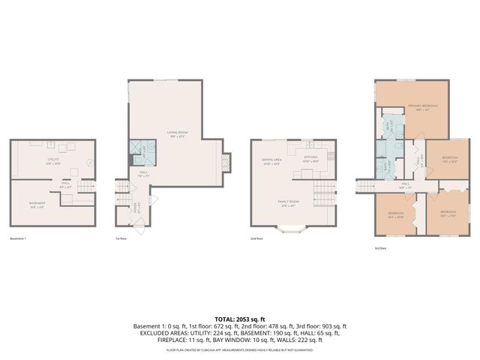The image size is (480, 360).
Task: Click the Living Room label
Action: (x=177, y=133)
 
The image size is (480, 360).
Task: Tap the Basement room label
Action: (x=37, y=205)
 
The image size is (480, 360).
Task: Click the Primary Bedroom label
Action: (x=422, y=108)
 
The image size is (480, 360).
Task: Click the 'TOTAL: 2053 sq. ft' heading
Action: (x=240, y=319)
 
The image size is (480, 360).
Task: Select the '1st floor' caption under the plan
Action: (x=121, y=238)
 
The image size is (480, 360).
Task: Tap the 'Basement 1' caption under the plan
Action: (x=18, y=238)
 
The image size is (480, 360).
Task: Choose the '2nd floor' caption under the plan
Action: (x=256, y=238)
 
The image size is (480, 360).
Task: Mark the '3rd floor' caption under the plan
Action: (x=381, y=247)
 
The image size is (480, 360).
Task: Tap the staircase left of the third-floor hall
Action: (x=364, y=184)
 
